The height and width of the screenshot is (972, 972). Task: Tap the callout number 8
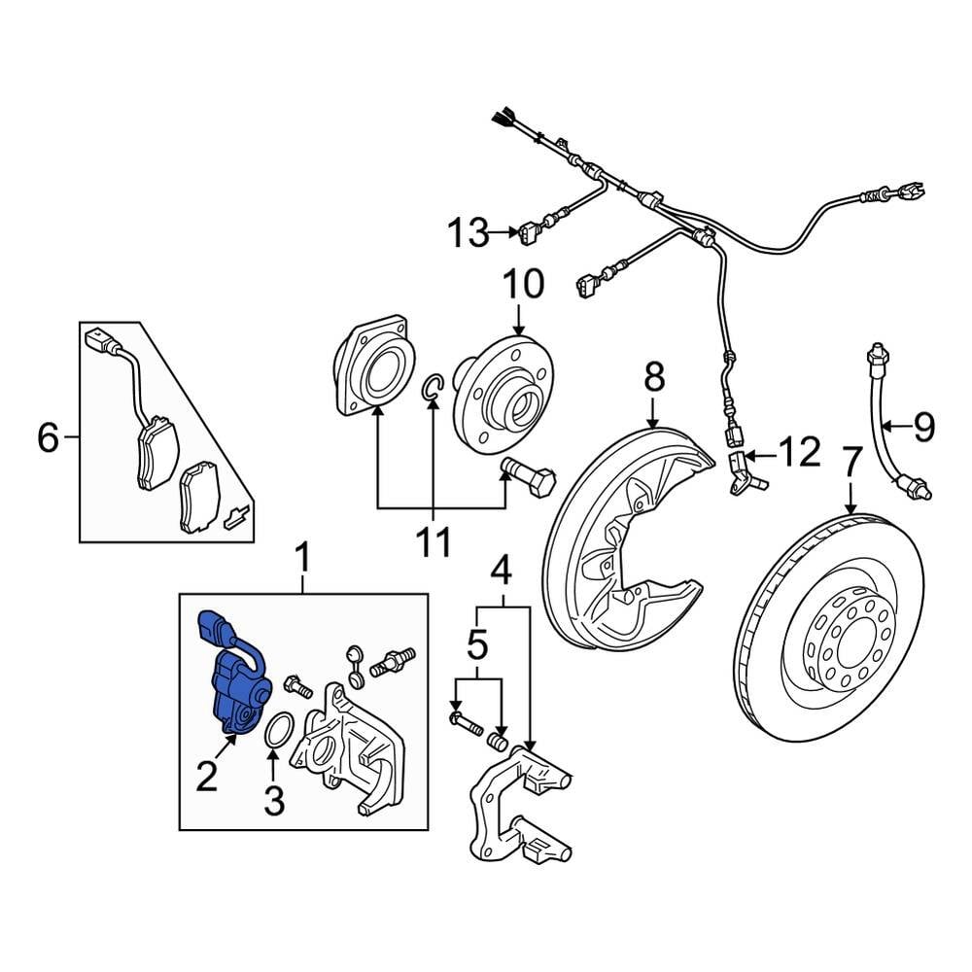[x=653, y=375]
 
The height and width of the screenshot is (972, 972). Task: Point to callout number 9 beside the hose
[x=923, y=425]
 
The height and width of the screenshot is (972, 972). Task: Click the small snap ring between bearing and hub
[x=433, y=388]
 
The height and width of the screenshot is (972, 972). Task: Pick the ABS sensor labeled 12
[x=743, y=472]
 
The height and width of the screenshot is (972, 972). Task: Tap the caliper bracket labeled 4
[x=515, y=813]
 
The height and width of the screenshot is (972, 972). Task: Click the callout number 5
[x=477, y=642]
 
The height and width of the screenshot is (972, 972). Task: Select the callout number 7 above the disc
[x=851, y=463]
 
